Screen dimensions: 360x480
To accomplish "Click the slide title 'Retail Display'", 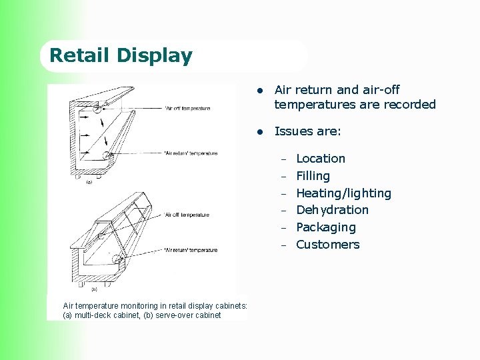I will pyautogui.click(x=121, y=55).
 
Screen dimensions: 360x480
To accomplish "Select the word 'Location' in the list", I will pyautogui.click(x=320, y=159).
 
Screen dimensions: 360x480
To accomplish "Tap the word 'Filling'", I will pyautogui.click(x=313, y=176).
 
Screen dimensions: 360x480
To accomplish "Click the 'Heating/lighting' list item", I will pyautogui.click(x=343, y=193).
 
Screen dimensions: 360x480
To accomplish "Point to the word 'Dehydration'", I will pyautogui.click(x=332, y=210).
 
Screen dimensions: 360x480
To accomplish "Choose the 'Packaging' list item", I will pyautogui.click(x=325, y=227).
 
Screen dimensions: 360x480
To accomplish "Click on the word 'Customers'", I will pyautogui.click(x=327, y=245).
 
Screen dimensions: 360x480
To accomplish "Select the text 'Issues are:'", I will pyautogui.click(x=307, y=131).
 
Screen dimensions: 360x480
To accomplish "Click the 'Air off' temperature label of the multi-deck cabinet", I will pyautogui.click(x=187, y=108).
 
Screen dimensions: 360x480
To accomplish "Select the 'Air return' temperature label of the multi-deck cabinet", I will pyautogui.click(x=191, y=153).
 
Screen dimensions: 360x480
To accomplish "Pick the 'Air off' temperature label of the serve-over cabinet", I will pyautogui.click(x=187, y=215).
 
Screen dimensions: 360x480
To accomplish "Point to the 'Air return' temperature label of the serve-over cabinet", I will pyautogui.click(x=191, y=250).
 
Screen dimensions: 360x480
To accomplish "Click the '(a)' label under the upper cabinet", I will pyautogui.click(x=89, y=181).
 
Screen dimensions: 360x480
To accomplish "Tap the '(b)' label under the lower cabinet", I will pyautogui.click(x=94, y=289).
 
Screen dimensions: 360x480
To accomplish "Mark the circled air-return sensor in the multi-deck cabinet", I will pyautogui.click(x=107, y=155).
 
